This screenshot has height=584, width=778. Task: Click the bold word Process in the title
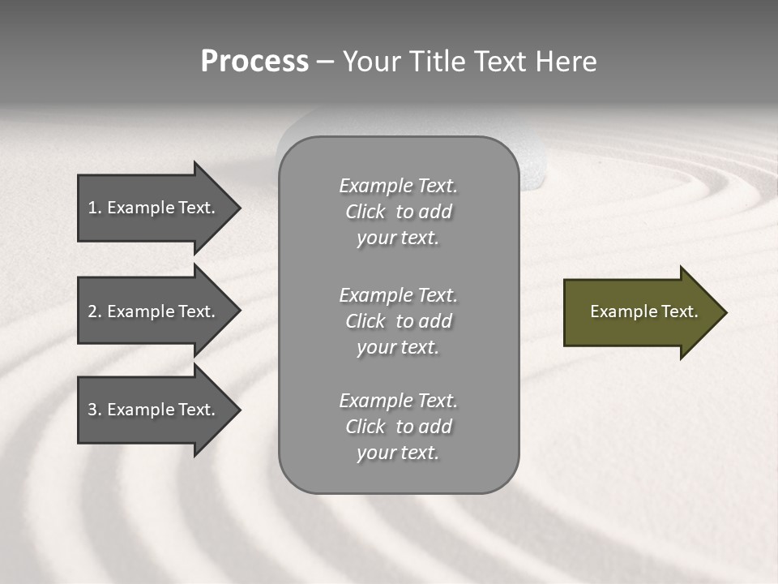pos(254,62)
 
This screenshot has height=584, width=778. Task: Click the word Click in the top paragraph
pos(365,212)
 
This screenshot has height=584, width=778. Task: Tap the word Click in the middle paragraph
pos(365,321)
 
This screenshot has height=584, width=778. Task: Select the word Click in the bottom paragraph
pos(365,427)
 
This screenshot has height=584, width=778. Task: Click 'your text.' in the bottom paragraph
pos(397,453)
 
